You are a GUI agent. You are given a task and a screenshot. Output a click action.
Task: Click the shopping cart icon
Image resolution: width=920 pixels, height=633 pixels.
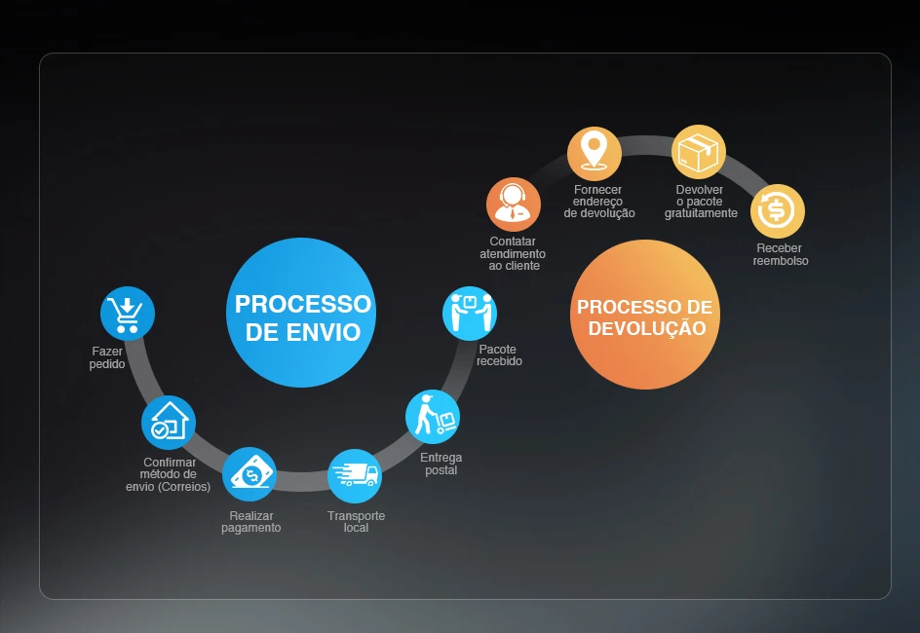pos(128,314)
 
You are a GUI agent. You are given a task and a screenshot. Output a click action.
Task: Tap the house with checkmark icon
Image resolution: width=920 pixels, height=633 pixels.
pos(169,422)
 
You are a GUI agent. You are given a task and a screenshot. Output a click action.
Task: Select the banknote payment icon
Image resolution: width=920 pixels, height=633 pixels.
pos(249,474)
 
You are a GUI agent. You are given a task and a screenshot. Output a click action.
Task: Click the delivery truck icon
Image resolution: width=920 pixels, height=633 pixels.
pos(355,475)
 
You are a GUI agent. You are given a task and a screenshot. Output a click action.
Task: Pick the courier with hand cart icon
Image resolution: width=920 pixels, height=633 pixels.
pos(433,417)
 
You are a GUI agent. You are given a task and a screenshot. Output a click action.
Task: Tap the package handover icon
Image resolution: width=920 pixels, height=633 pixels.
pos(470,313)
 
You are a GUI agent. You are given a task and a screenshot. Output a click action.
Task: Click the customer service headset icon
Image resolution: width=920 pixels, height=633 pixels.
pos(514,205)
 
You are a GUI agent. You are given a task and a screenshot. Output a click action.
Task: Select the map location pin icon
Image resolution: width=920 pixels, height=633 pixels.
pos(594,153)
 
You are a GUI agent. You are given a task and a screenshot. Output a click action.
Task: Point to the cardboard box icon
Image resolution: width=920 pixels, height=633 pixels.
pos(699,152)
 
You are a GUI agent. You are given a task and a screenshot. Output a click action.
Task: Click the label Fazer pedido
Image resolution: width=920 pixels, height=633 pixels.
pos(108,357)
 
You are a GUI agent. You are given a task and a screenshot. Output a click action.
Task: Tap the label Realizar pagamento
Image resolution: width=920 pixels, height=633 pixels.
pos(250,522)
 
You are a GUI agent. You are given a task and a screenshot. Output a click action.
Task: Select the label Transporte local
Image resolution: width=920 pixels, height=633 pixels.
pos(356,522)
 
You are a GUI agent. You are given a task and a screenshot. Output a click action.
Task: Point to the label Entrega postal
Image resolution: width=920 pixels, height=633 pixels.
pos(441,464)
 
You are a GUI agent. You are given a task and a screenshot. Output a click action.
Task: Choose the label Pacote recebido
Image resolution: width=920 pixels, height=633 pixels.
pos(499,354)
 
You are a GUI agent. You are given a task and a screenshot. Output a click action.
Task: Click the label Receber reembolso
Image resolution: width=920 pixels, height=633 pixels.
pos(780,254)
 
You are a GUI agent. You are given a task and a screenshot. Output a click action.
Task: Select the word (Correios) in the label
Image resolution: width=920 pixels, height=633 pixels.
pos(187,487)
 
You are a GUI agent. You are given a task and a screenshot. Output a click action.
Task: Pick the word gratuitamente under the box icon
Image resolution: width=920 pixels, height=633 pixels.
pos(701,213)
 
